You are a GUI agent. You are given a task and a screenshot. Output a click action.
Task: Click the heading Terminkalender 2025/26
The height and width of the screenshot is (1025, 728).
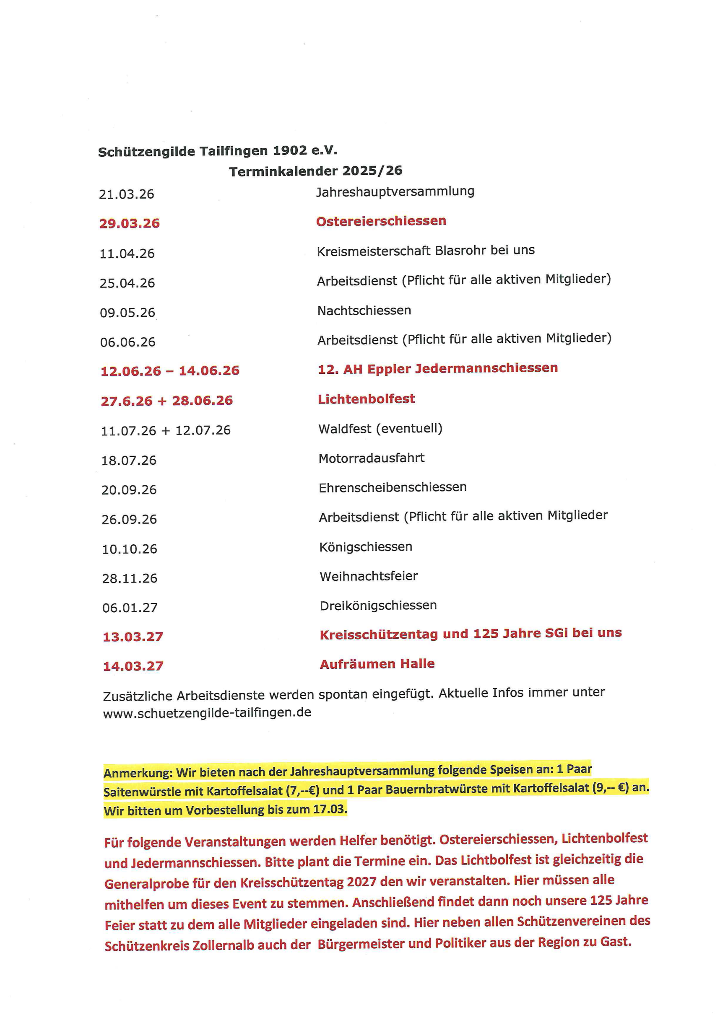pos(316,171)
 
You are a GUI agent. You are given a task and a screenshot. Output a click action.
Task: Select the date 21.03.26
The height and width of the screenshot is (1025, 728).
pos(126,194)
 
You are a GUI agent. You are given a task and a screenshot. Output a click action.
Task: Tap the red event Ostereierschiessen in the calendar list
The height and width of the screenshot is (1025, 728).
pos(381,221)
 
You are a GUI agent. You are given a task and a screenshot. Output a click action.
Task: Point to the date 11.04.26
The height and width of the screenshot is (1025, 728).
pos(127,254)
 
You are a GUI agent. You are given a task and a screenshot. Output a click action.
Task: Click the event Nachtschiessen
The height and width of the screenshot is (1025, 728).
pos(364,311)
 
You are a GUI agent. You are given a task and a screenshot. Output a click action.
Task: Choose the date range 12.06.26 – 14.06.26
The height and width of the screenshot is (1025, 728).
pos(170,371)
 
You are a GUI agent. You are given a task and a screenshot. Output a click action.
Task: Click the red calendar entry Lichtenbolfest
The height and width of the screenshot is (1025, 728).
pos(366,399)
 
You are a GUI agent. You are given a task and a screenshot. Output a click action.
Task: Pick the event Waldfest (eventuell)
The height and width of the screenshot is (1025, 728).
pos(380,429)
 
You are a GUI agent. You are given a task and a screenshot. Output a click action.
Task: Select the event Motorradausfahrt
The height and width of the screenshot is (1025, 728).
pos(371,458)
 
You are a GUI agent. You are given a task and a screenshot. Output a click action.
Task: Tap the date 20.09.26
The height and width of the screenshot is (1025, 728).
pos(129,489)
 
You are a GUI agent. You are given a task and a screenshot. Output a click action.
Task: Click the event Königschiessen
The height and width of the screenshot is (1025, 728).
pos(366,546)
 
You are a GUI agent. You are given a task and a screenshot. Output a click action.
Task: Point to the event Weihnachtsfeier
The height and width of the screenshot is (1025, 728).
pos(369,576)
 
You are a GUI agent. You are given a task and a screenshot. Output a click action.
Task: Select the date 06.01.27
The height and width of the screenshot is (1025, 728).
pos(130,608)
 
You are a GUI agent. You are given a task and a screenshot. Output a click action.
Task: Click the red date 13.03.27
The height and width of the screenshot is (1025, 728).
pos(133,637)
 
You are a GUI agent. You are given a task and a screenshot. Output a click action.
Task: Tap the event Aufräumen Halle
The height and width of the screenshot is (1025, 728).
pos(377,664)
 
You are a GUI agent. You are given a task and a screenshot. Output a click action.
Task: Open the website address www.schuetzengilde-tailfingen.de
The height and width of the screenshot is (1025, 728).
pos(207,712)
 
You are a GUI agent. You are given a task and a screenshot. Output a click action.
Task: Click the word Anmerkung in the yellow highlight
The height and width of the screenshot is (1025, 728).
pos(138,773)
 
